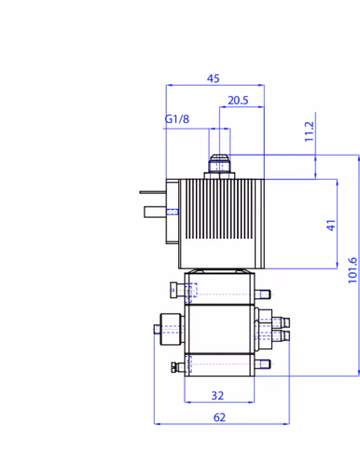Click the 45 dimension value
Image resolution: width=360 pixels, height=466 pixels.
(214, 78)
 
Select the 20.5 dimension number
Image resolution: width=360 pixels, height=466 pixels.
(238, 101)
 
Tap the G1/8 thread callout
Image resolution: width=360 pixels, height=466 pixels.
(176, 118)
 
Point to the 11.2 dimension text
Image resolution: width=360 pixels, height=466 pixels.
(310, 131)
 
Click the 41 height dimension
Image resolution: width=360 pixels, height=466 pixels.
(331, 226)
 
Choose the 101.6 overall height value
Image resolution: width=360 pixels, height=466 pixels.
(353, 270)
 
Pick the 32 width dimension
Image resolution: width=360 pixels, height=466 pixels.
(217, 395)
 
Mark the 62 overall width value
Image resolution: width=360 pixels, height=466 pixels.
(219, 418)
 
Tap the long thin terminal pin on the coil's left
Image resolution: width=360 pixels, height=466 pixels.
(153, 192)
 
